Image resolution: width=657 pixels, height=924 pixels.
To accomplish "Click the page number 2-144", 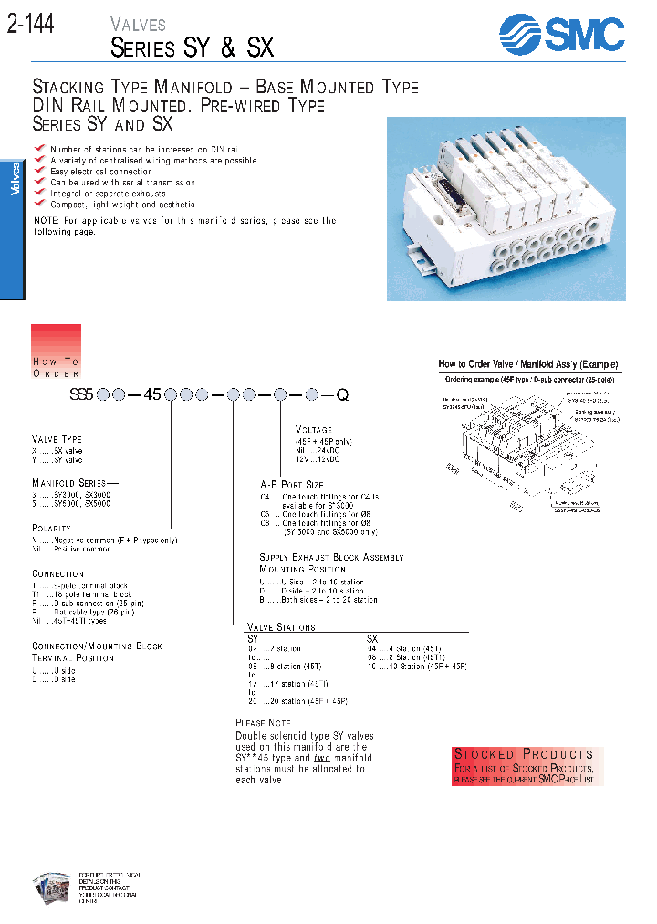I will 31,25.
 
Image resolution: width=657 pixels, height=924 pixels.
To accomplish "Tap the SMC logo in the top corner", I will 561,36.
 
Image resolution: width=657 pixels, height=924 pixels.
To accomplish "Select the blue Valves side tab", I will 13,179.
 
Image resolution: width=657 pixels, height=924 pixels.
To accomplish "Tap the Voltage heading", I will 314,429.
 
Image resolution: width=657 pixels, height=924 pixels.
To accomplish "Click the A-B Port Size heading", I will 292,485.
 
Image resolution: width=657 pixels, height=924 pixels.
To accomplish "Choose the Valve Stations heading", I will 281,627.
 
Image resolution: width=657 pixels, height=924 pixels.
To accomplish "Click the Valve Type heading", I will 57,439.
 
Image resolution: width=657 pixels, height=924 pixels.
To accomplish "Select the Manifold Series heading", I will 71,482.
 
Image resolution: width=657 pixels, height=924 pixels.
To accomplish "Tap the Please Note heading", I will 264,722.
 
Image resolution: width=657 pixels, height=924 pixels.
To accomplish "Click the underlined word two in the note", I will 321,758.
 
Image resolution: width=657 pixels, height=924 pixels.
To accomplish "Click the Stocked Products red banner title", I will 524,754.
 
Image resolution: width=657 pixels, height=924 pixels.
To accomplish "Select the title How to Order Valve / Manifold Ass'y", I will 527,363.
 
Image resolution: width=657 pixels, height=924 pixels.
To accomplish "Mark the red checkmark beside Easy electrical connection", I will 39,171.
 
